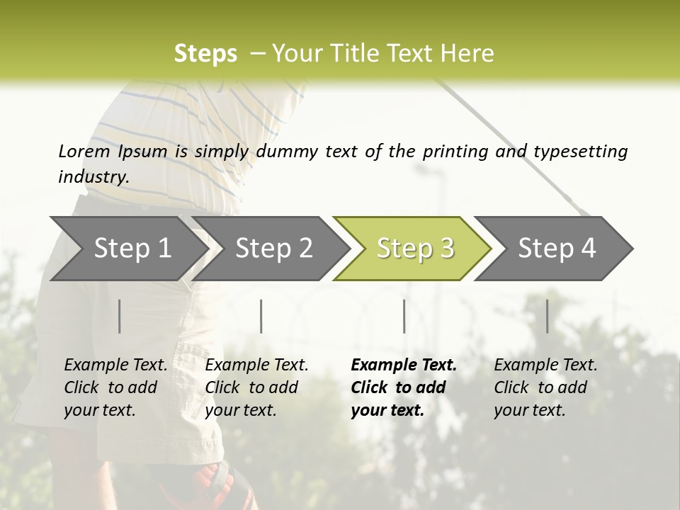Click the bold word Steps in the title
pyautogui.click(x=205, y=54)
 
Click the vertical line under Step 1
pyautogui.click(x=120, y=316)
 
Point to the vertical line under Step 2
pyautogui.click(x=261, y=316)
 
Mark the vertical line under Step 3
pyautogui.click(x=404, y=316)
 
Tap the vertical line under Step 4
pyautogui.click(x=548, y=316)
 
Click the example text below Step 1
pyautogui.click(x=115, y=387)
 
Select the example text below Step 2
pyautogui.click(x=256, y=387)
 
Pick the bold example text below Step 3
pyautogui.click(x=404, y=387)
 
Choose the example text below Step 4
pyautogui.click(x=545, y=387)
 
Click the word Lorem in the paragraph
pyautogui.click(x=84, y=151)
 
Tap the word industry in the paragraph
pyautogui.click(x=93, y=177)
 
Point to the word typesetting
pyautogui.click(x=580, y=152)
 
